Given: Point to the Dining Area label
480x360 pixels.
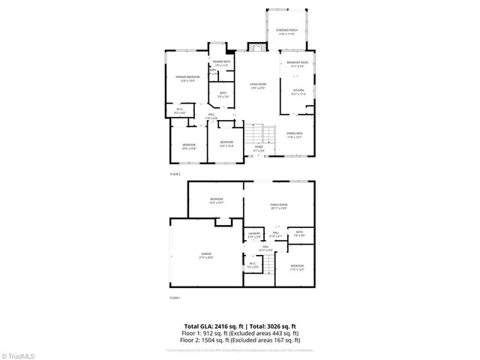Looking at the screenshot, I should (x=298, y=135).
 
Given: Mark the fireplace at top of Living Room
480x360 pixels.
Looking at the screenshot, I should (x=255, y=49).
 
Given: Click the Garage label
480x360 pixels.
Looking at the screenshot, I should (x=205, y=256).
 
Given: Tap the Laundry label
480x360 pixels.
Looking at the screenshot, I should (x=253, y=235).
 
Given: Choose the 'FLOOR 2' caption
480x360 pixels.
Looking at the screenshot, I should (x=175, y=174).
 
